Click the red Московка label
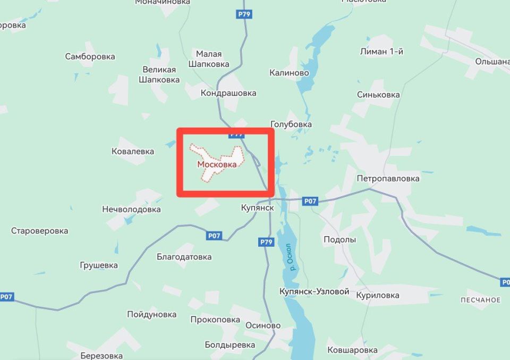[217, 164]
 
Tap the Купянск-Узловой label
[314, 292]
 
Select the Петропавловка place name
[388, 178]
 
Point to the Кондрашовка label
[228, 93]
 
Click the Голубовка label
[291, 124]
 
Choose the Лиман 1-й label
[381, 52]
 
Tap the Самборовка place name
[90, 56]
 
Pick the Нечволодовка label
[131, 210]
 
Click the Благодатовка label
[184, 257]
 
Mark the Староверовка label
[40, 231]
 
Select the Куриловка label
[378, 295]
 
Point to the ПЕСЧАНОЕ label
[481, 300]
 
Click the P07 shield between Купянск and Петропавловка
[310, 201]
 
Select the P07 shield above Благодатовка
[214, 235]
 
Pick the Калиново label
[289, 73]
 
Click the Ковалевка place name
[133, 152]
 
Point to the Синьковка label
[379, 95]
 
